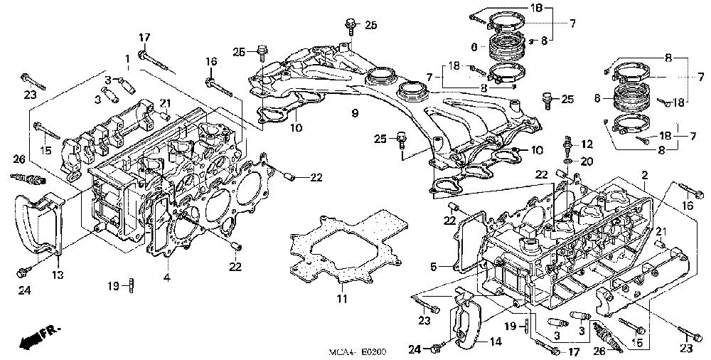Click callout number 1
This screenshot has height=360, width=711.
tap(128, 58)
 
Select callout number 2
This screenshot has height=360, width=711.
tap(644, 175)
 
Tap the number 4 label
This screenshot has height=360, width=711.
tap(167, 276)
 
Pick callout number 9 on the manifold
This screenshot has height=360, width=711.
tap(354, 113)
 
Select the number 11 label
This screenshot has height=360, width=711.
tap(343, 299)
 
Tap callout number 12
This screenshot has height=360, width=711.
tap(587, 145)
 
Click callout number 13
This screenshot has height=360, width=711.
tap(57, 275)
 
